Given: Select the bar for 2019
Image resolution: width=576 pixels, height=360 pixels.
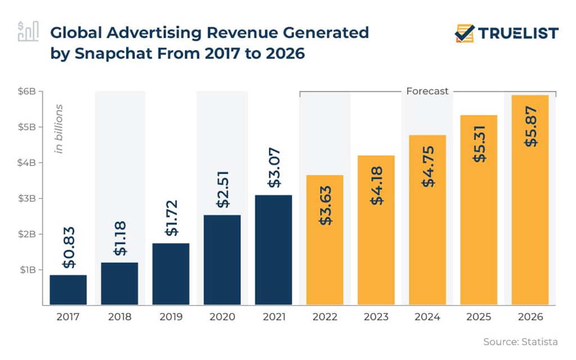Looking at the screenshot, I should pos(170,274).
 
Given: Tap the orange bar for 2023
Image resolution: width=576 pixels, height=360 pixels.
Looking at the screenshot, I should pos(376,230).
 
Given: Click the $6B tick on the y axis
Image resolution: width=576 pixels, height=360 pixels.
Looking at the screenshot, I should pos(26,91).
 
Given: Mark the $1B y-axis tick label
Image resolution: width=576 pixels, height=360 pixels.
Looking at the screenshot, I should pos(26,269).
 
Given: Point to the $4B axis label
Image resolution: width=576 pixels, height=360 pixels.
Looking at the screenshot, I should pos(26,163).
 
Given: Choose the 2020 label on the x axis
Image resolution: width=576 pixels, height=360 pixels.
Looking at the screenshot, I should pos(222,317).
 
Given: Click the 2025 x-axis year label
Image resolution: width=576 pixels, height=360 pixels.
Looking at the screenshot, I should pos(478,317).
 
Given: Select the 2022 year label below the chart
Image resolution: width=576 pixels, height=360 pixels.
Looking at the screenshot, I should pos(325,317).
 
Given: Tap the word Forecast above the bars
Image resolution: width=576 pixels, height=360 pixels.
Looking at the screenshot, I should pos(427,91).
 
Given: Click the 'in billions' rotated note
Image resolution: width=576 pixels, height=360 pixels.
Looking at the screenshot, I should pos(58,128).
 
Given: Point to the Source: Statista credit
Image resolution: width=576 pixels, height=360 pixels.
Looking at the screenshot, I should pos(521,341).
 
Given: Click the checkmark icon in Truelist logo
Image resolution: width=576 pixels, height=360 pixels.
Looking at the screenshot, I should pos(465,34).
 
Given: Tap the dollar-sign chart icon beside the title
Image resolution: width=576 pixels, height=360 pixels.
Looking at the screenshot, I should pos(28,31).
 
